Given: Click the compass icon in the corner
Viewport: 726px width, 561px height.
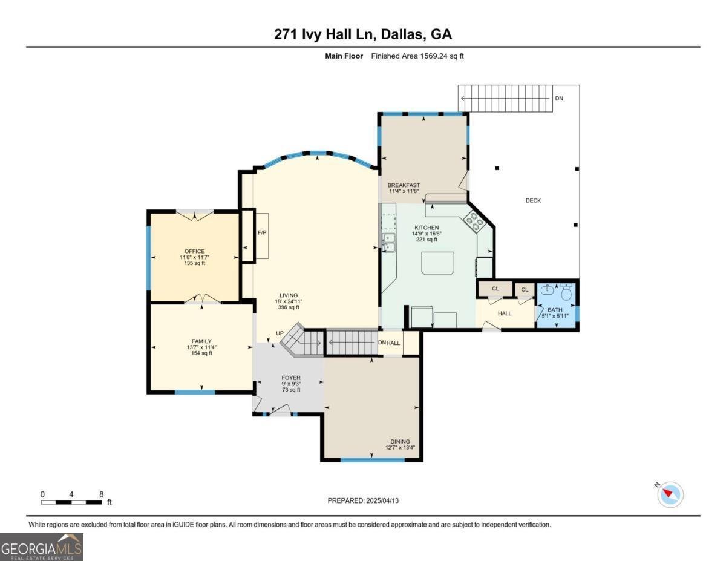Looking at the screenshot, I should point(670,494).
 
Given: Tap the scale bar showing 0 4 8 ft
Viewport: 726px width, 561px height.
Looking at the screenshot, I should point(71,502).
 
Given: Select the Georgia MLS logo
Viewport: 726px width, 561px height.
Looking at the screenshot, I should point(42,547).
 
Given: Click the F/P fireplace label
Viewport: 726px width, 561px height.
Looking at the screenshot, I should point(262,232).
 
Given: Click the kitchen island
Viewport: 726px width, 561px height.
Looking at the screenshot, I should point(437,263).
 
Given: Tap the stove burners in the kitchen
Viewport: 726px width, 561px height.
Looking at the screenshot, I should point(474,223).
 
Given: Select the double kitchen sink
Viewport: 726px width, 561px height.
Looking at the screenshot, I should point(388,242).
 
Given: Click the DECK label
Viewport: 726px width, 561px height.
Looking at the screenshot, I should point(533,200).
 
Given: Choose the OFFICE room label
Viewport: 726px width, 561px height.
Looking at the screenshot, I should point(195,251).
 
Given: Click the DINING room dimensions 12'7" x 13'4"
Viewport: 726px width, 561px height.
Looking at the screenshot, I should point(400,448).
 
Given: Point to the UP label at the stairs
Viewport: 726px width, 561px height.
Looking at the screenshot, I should point(280,333).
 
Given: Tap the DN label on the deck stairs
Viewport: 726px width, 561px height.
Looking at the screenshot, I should point(559,98).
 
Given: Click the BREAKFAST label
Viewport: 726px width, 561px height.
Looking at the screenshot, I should point(404,185).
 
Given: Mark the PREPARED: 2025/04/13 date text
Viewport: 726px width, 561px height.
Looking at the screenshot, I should point(364,500).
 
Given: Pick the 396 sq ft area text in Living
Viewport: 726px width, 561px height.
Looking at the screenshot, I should point(289,307).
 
